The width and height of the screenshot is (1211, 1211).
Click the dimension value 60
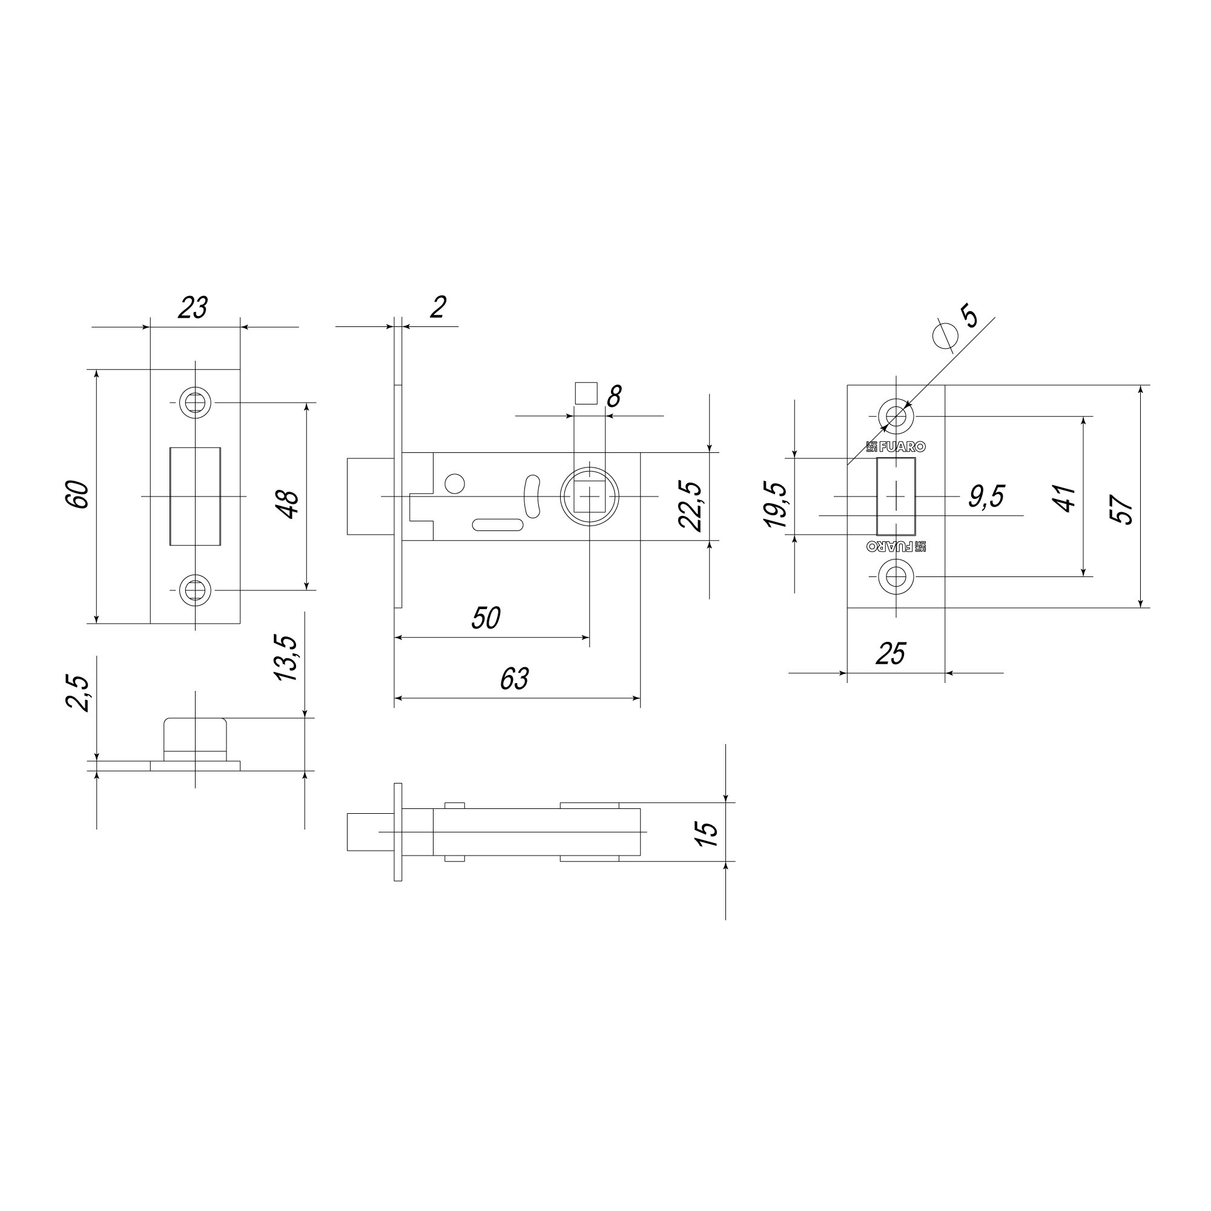[x=78, y=494]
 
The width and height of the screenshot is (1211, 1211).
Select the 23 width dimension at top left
[x=193, y=308]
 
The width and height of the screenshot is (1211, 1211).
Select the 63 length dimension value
[x=515, y=679]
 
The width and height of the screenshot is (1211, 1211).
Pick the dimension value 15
[x=707, y=834]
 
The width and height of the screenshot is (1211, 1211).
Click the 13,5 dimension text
[x=285, y=658]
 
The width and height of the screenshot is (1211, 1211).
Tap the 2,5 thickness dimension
[x=78, y=693]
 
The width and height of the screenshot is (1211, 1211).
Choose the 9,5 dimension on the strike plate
[x=986, y=497]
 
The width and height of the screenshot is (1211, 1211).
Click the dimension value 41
[x=1065, y=498]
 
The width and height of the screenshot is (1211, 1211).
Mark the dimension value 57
[x=1122, y=509]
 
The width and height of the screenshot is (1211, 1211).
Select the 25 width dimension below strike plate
[x=891, y=655]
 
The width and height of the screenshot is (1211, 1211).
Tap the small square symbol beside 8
[x=586, y=394]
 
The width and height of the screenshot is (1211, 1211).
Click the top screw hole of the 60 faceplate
[x=195, y=402]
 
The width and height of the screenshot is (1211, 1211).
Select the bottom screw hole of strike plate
[x=896, y=576]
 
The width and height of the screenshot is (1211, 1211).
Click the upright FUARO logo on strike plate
[x=896, y=447]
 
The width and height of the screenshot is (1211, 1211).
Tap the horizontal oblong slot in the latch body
[x=498, y=525]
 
